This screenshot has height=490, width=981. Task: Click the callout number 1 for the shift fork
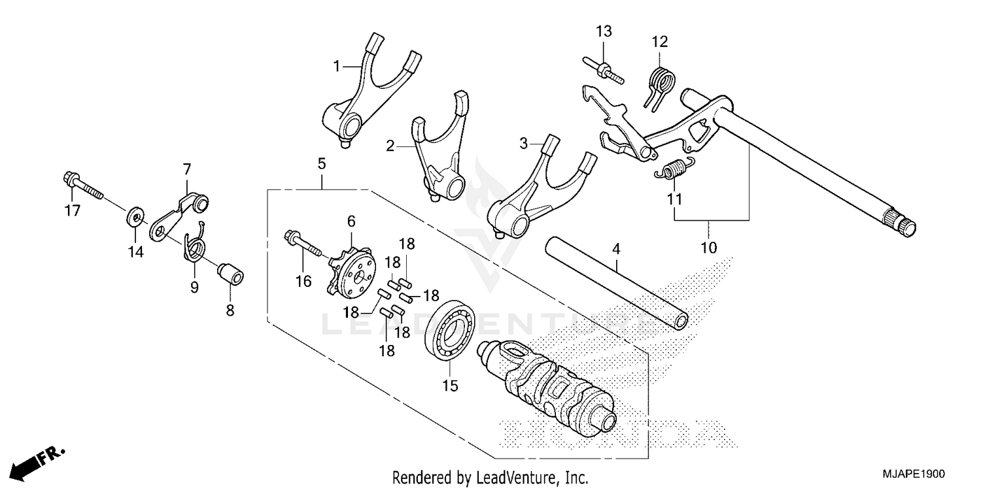tap(337, 66)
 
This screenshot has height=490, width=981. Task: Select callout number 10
tap(709, 248)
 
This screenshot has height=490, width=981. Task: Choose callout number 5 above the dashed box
tap(321, 163)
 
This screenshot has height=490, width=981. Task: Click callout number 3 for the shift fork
tap(523, 142)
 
